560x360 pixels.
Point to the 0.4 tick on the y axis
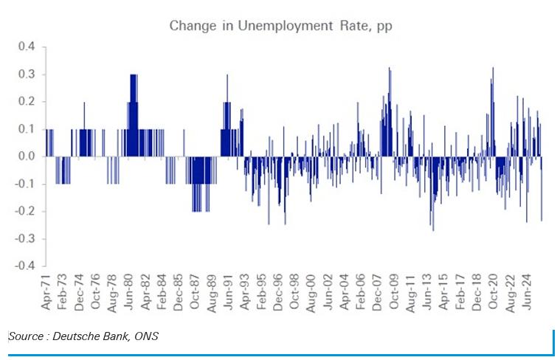pos(27,47)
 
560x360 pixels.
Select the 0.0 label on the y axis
pos(27,156)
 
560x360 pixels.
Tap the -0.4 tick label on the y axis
pos(24,266)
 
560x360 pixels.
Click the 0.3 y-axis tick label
pos(27,75)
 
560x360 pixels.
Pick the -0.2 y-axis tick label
pos(24,211)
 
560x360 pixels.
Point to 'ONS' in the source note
pos(145,337)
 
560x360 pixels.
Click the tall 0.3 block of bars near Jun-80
pos(134,111)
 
